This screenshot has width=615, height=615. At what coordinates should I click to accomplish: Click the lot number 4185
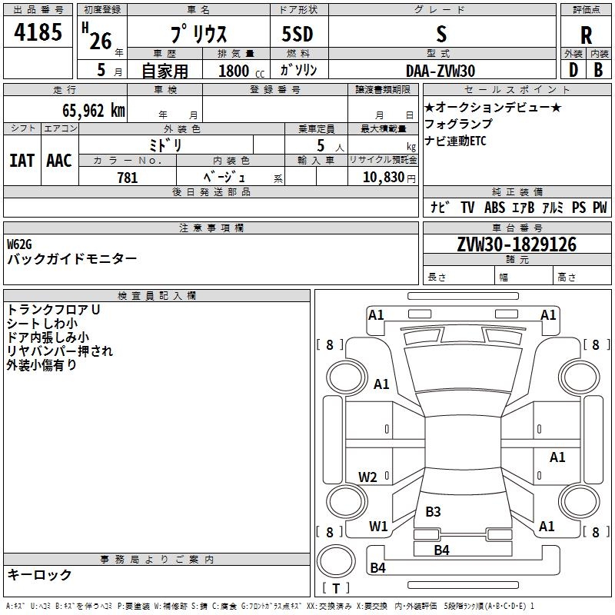click(x=38, y=32)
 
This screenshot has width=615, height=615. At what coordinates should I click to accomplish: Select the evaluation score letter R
click(x=586, y=35)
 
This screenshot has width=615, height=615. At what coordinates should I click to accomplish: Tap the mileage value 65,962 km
click(x=94, y=111)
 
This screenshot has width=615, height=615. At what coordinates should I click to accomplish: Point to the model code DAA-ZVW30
click(x=440, y=71)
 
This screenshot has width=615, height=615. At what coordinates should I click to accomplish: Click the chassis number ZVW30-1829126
click(x=517, y=244)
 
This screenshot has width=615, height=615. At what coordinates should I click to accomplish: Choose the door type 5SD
click(x=298, y=34)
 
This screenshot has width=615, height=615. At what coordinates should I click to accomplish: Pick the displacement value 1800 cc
click(x=241, y=71)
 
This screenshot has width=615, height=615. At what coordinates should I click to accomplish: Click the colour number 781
click(x=128, y=178)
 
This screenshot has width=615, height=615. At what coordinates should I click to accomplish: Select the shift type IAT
click(x=22, y=161)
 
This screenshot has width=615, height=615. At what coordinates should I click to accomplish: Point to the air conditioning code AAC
click(x=59, y=161)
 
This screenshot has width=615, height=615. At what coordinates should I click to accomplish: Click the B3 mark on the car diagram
click(x=433, y=511)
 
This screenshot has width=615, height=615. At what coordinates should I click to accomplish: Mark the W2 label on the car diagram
click(x=367, y=477)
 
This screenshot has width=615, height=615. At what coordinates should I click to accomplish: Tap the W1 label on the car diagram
click(x=378, y=526)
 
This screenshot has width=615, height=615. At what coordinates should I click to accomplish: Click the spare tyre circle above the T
click(x=336, y=561)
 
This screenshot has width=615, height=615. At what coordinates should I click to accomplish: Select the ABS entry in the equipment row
click(x=494, y=208)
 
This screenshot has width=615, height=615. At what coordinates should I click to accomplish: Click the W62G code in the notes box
click(x=19, y=244)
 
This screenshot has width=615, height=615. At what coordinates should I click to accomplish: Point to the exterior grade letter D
click(x=573, y=70)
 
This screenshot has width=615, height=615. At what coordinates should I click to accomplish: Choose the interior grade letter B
click(x=598, y=70)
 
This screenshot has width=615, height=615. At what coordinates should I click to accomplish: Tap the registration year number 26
click(x=101, y=42)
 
